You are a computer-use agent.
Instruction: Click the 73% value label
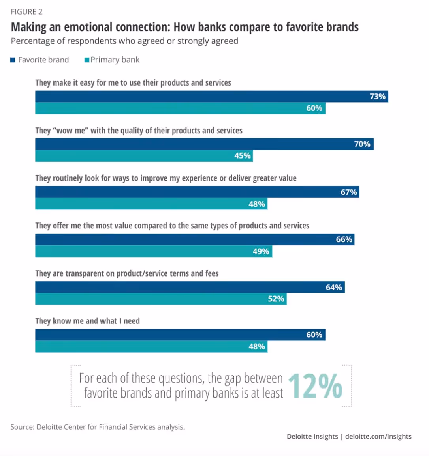point(377,97)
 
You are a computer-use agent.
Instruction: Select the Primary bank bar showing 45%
point(144,156)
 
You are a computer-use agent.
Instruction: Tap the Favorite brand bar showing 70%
point(204,144)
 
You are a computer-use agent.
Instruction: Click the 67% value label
point(349,192)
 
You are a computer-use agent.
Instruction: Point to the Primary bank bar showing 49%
point(154,251)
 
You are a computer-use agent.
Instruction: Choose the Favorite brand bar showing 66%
point(195,239)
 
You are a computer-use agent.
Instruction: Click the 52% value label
point(276,299)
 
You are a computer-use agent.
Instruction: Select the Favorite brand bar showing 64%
point(190,287)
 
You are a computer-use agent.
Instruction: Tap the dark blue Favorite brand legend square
point(13,60)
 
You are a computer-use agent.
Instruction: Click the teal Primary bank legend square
point(87,60)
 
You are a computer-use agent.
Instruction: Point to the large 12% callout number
point(315,386)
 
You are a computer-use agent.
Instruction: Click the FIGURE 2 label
point(26,12)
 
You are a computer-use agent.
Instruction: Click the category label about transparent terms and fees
point(127,273)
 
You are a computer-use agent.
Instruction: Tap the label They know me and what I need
point(87,321)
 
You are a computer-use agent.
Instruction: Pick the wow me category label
point(139,131)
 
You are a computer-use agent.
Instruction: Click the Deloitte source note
point(98,427)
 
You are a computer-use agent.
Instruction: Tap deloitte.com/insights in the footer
point(378,436)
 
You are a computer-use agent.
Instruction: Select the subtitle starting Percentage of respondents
point(124,41)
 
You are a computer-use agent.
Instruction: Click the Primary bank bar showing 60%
point(180,108)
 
